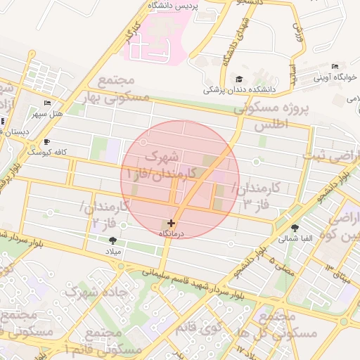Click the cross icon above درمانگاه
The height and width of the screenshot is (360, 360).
coord(172,222)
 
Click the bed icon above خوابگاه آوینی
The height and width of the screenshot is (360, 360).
coord(334,67)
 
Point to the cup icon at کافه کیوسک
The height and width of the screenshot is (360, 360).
coord(46,141)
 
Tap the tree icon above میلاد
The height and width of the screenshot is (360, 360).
coord(112,240)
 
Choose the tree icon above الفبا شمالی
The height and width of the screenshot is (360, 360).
coord(295,227)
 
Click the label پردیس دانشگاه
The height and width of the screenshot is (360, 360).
coord(173,6)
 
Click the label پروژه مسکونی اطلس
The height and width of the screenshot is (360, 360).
coord(276,118)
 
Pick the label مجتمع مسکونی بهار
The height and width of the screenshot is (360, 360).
coord(116,89)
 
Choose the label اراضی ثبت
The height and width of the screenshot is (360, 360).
coord(336,155)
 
